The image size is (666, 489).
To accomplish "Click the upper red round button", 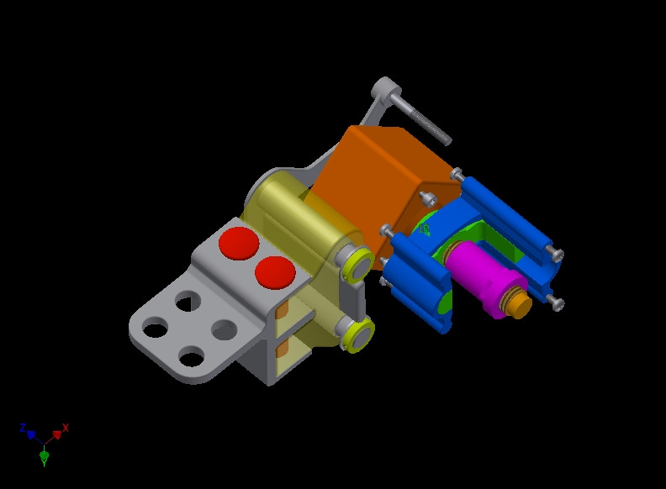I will coord(238,242).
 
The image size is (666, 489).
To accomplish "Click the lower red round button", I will coord(275,271).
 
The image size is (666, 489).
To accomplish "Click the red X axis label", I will coord(66,428).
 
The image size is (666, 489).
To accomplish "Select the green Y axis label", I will coord(44,462).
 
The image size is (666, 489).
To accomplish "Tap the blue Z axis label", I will coord(23,428).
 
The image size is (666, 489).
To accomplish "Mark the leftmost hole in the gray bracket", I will coord(154,328).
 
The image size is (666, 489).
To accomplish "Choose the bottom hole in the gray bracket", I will coord(192,358).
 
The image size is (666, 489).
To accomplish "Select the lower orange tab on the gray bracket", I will coord(282,346).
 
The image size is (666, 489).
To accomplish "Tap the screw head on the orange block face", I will coord(428,198).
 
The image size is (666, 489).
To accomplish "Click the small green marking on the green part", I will coord(425,228).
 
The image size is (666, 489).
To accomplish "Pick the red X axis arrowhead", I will coord(57,435).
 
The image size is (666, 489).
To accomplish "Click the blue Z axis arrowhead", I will coord(32,435).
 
